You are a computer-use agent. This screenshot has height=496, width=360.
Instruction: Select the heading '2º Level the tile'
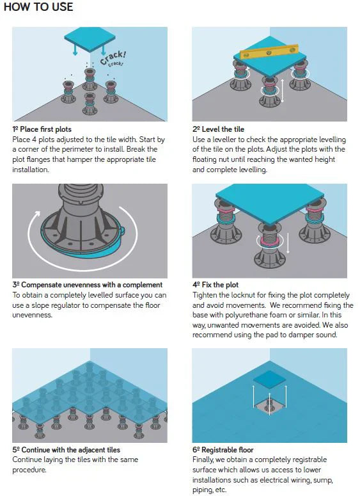tap(218, 129)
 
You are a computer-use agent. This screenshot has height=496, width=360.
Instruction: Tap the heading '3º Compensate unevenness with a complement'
tap(88, 285)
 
